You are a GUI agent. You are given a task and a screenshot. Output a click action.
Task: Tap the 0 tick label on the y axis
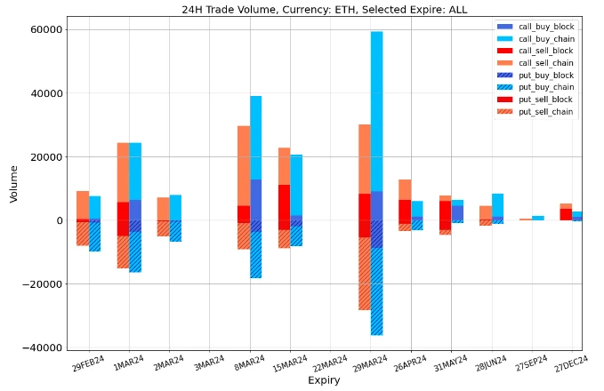[x=58, y=220]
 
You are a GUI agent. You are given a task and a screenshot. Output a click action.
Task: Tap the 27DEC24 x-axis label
[x=571, y=364]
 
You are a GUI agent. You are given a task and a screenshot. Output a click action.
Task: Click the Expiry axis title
[x=325, y=381]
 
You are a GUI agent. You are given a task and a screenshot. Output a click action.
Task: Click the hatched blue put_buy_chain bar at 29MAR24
[x=377, y=293]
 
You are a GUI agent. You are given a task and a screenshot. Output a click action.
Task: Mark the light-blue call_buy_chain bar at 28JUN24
[x=498, y=205]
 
